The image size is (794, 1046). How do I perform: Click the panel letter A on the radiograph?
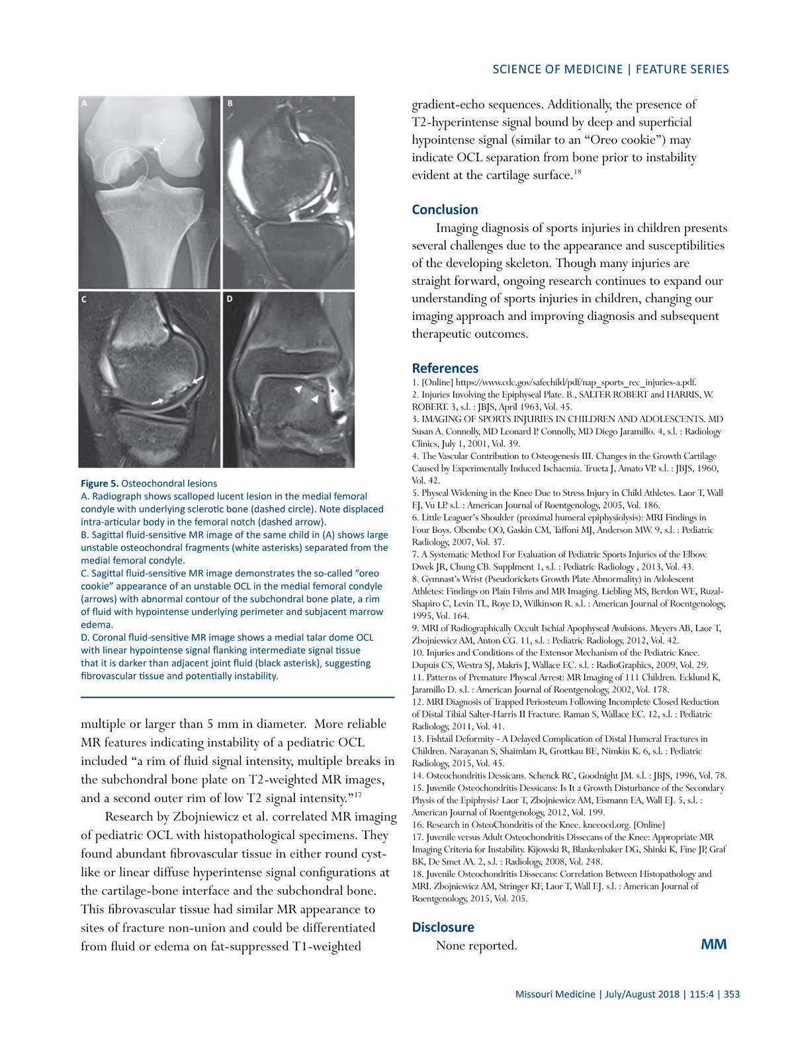(84, 103)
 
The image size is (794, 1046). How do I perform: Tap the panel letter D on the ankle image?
(229, 299)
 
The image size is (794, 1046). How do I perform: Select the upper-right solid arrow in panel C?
(197, 381)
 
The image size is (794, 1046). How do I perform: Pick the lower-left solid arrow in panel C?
(157, 401)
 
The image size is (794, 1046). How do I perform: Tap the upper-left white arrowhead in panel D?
(298, 389)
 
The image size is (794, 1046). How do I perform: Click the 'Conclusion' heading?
(445, 210)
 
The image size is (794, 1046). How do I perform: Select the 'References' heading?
(445, 368)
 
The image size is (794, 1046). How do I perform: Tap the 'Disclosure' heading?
(443, 927)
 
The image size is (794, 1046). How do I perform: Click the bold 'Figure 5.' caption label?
(99, 483)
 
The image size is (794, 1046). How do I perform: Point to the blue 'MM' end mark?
(713, 944)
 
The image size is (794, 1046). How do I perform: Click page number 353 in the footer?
(732, 994)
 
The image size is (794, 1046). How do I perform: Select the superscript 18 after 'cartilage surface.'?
(577, 172)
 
